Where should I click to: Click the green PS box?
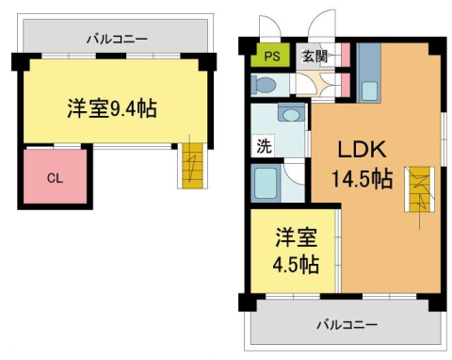[271, 56]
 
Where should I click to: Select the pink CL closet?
[55, 177]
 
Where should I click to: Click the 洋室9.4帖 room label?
[111, 107]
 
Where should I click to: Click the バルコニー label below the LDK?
[346, 323]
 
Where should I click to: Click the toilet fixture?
[265, 85]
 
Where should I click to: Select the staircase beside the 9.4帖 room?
[192, 167]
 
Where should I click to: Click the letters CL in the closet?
[55, 177]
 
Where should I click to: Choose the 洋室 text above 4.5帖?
[295, 236]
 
